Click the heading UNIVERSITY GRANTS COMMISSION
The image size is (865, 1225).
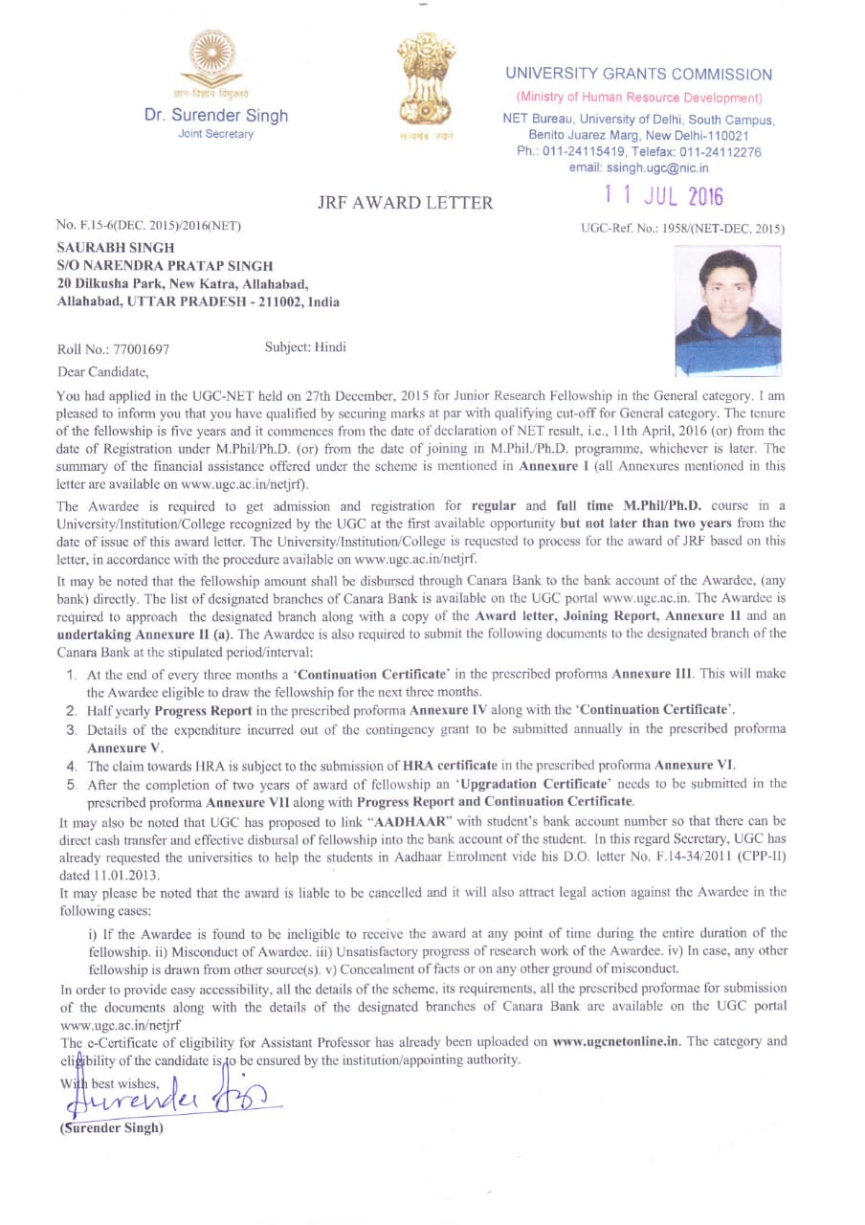pyautogui.click(x=638, y=75)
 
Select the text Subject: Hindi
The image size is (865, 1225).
pyautogui.click(x=305, y=347)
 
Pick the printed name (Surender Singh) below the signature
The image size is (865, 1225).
pyautogui.click(x=111, y=1126)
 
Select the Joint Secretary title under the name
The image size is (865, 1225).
pyautogui.click(x=216, y=134)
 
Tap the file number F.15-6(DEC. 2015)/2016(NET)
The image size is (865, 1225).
pyautogui.click(x=149, y=226)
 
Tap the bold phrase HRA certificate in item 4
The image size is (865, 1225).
pyautogui.click(x=450, y=766)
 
